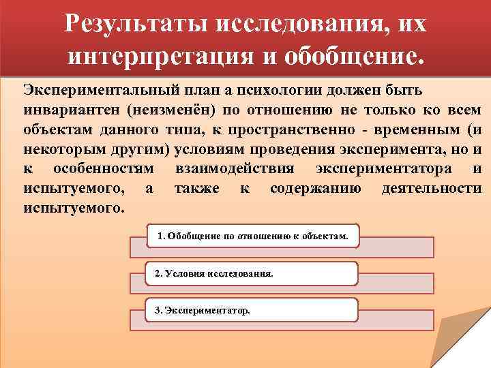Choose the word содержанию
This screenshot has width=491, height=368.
316,188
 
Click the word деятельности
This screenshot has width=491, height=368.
432,188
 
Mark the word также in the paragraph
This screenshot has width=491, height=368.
197,188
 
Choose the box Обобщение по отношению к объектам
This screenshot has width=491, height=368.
252,236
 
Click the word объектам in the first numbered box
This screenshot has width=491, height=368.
326,236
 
